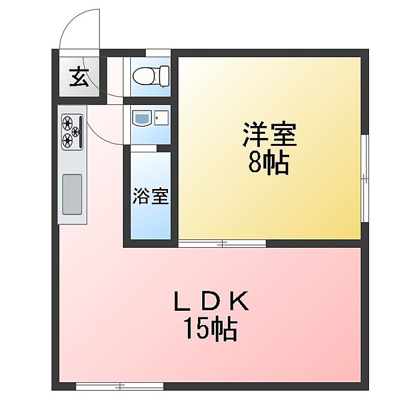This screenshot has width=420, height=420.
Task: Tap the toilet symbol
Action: [150, 76]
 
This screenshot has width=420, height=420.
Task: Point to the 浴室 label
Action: [150, 197]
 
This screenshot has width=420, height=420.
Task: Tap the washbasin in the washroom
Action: [143, 118]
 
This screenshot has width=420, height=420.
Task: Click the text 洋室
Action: [269, 134]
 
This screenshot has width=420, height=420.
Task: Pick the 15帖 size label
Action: [211, 328]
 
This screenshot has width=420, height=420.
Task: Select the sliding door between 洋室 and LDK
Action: [223, 243]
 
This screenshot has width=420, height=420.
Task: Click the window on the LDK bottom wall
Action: [120, 387]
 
